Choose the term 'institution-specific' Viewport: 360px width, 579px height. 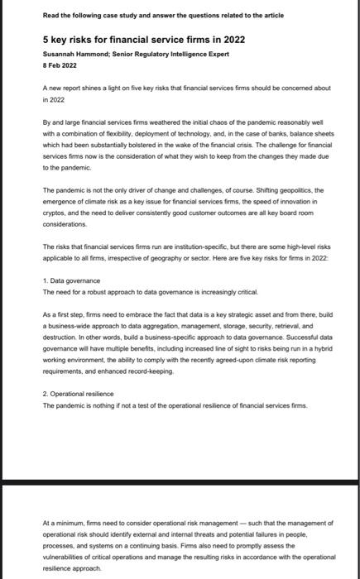[196, 246]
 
